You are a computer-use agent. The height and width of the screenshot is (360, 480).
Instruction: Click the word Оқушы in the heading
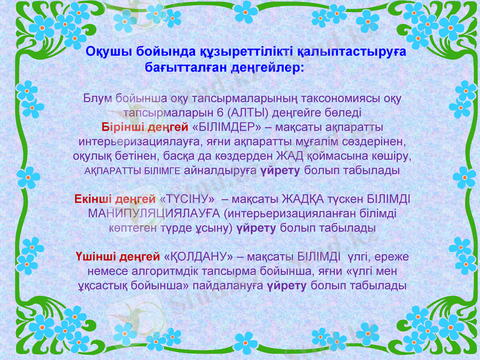pos(106,52)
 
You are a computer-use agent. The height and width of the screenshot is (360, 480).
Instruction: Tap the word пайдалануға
pos(230,286)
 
